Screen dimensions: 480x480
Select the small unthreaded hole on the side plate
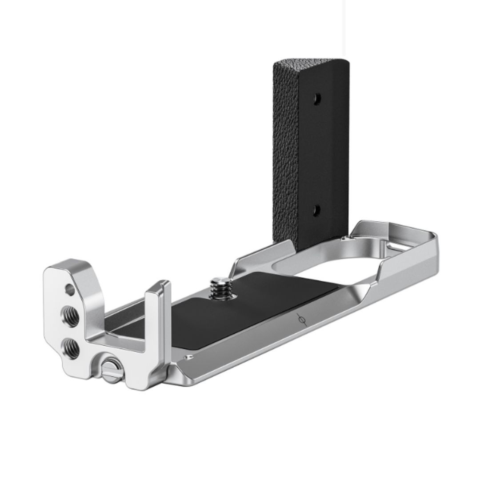[x=70, y=290]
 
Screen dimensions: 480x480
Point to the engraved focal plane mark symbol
[x=301, y=320]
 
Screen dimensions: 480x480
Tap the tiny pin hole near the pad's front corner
[x=190, y=357]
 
